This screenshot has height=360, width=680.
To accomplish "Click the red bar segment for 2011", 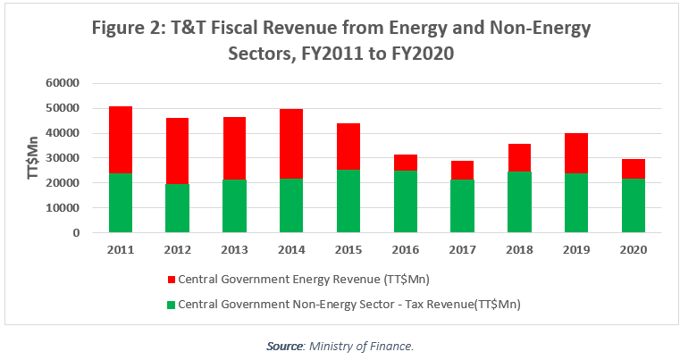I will click(x=120, y=139).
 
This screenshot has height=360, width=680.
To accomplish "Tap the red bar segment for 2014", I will click(x=291, y=143).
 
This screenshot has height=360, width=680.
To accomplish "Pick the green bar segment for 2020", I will click(x=634, y=205).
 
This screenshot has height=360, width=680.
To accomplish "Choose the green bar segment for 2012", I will click(x=177, y=208).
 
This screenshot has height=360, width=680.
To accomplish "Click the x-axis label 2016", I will click(x=406, y=249).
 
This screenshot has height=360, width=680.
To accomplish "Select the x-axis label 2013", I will click(x=234, y=249).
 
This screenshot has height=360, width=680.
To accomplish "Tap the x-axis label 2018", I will click(x=520, y=249).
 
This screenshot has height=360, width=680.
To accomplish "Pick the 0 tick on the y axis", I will click(x=77, y=233).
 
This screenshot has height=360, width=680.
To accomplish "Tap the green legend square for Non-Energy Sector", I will click(x=172, y=305).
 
